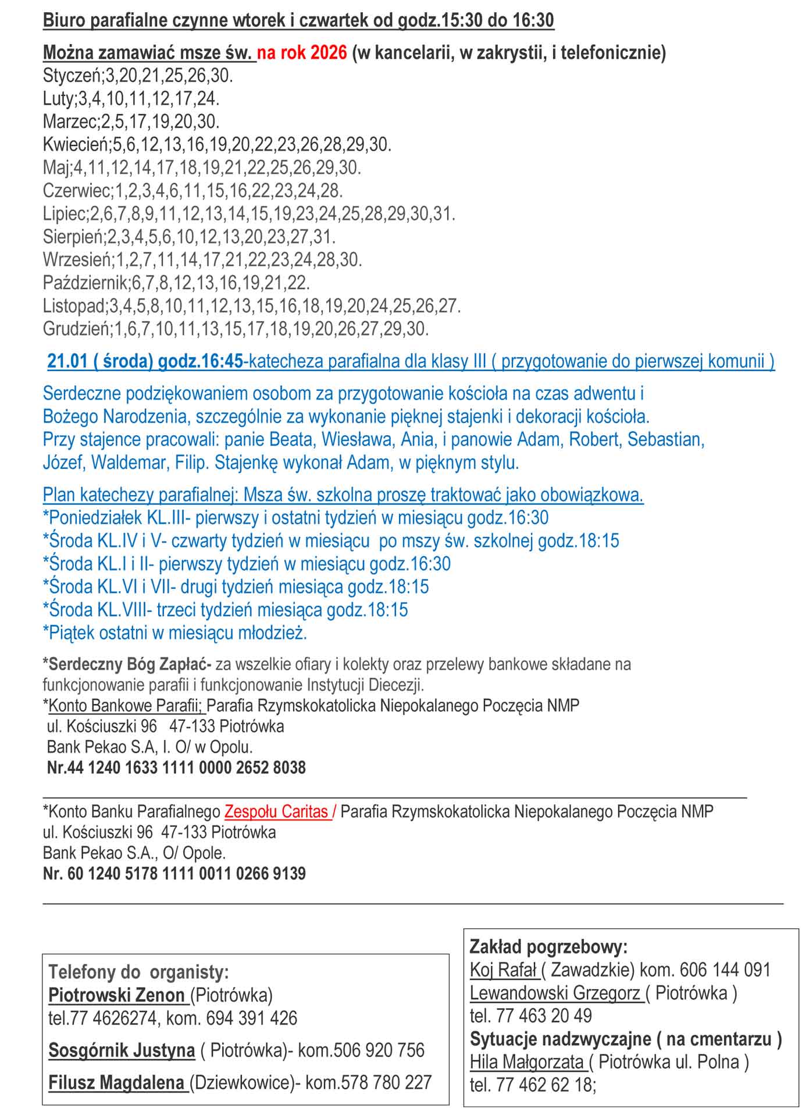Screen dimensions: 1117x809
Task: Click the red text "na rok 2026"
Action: tap(302, 53)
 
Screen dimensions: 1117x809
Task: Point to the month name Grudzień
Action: tap(76, 329)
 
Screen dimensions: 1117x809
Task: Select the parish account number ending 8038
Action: tap(176, 768)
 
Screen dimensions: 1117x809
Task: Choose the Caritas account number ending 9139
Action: tap(174, 873)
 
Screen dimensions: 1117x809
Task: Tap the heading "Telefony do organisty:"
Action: tap(138, 972)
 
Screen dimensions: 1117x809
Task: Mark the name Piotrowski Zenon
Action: tap(116, 995)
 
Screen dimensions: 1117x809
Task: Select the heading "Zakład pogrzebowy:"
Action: tap(548, 947)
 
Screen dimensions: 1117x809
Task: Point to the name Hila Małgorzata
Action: tap(527, 1062)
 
